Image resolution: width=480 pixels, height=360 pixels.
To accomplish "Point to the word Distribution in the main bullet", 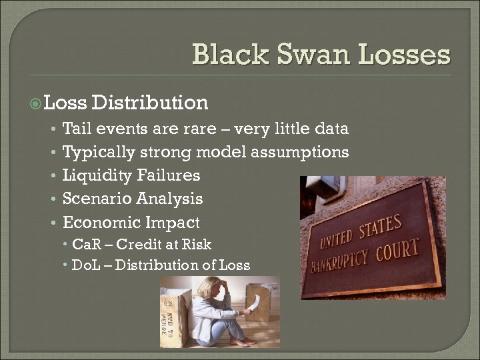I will [x=151, y=103].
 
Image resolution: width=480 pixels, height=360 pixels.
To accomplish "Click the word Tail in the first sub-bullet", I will [x=75, y=129].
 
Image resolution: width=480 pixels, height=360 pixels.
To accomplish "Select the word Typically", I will [x=98, y=153].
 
